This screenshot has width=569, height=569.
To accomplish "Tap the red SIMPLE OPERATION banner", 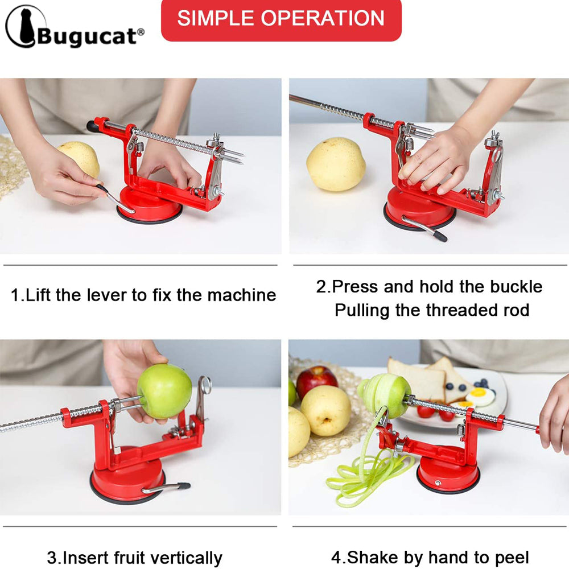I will [281, 18].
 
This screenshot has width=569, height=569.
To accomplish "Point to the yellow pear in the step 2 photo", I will [336, 164].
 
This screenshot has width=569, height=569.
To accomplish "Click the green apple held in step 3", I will [164, 391].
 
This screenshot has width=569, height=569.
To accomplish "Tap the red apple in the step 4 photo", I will [316, 380].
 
